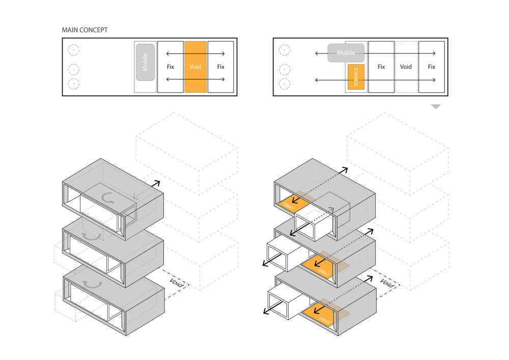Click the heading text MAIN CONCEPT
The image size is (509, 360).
84,30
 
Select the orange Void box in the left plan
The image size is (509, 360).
195,67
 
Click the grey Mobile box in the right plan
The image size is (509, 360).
346,52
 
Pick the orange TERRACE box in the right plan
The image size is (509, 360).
356,77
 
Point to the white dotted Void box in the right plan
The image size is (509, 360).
406,67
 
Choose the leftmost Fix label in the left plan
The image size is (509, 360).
171,67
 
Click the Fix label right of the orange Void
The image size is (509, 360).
220,67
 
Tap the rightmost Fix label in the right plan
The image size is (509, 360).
431,67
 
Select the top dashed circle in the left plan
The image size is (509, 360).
74,50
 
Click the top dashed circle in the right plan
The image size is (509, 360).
285,50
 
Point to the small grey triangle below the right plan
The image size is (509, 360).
435,106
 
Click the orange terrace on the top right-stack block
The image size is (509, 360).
295,203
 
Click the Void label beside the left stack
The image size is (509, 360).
177,280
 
